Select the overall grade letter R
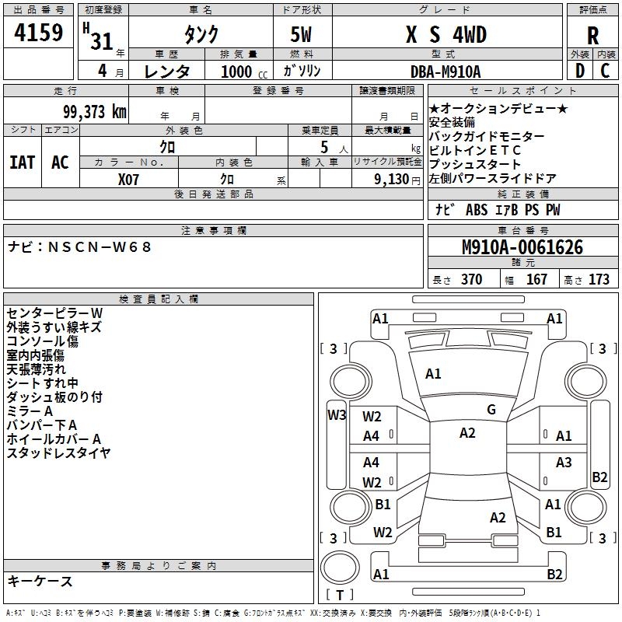click(592, 35)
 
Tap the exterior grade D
click(579, 71)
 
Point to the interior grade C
click(606, 71)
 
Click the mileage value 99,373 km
click(94, 111)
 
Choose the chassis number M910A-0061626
click(522, 248)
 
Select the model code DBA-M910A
click(446, 72)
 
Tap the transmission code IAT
click(23, 162)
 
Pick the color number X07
click(129, 179)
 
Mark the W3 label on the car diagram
click(337, 414)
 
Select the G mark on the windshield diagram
click(491, 410)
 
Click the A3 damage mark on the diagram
click(564, 463)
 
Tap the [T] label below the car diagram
click(338, 595)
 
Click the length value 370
click(471, 280)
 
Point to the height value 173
click(599, 280)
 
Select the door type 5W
click(302, 35)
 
